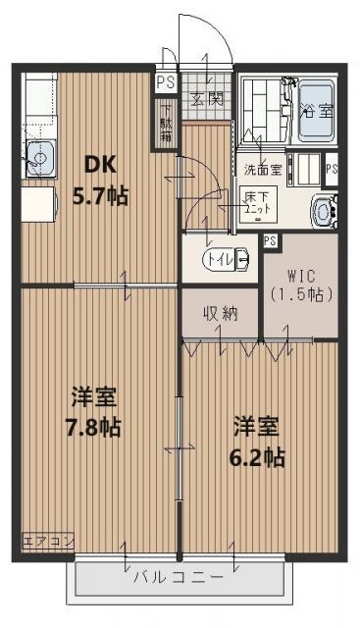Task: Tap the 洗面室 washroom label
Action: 261,168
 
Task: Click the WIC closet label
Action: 300,276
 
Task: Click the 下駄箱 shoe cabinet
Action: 166,123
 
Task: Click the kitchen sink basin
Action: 41,155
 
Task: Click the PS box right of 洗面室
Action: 333,168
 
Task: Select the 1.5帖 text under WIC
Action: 300,292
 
